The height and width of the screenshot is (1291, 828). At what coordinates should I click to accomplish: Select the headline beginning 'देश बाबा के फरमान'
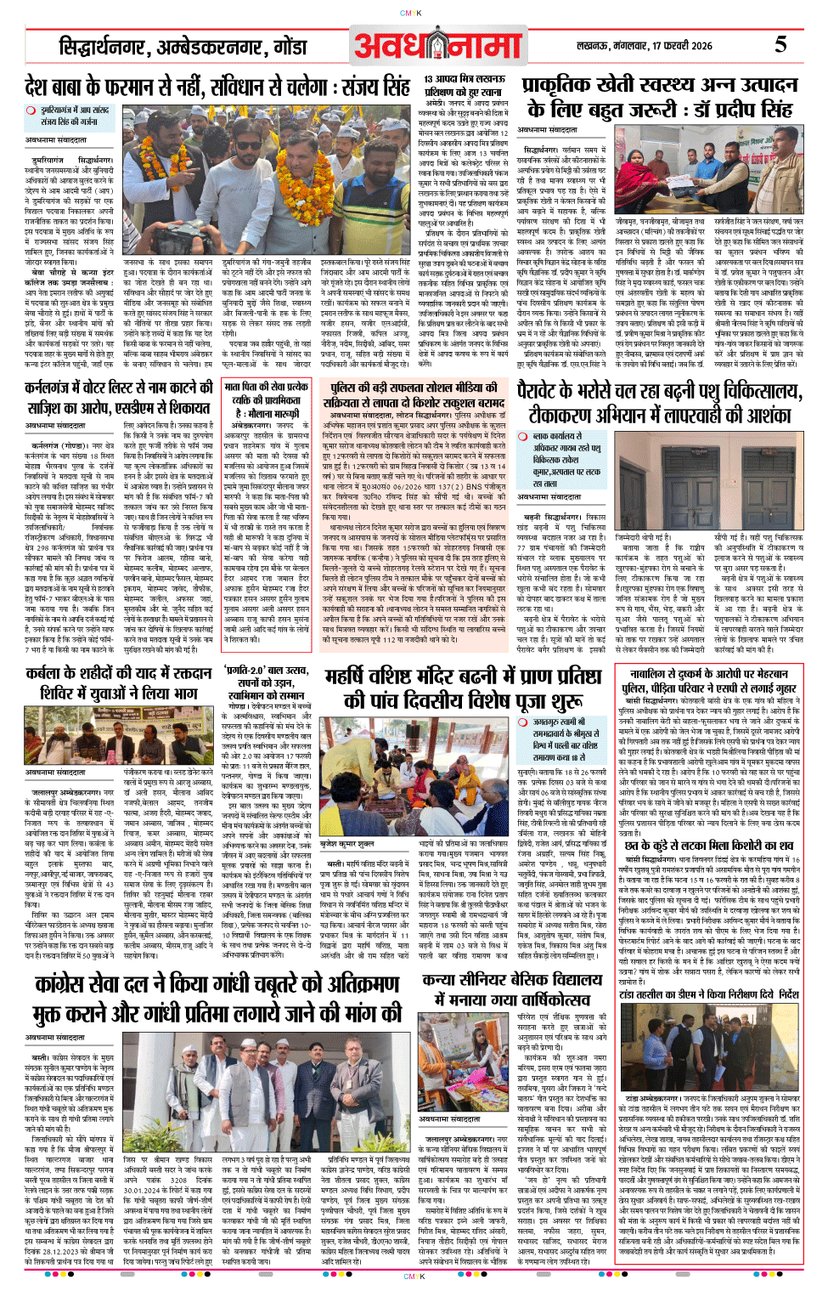(217, 87)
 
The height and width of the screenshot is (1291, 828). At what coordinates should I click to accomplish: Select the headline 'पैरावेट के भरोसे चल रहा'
(659, 391)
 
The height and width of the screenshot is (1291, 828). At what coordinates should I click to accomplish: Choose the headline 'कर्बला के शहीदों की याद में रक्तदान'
(118, 683)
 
